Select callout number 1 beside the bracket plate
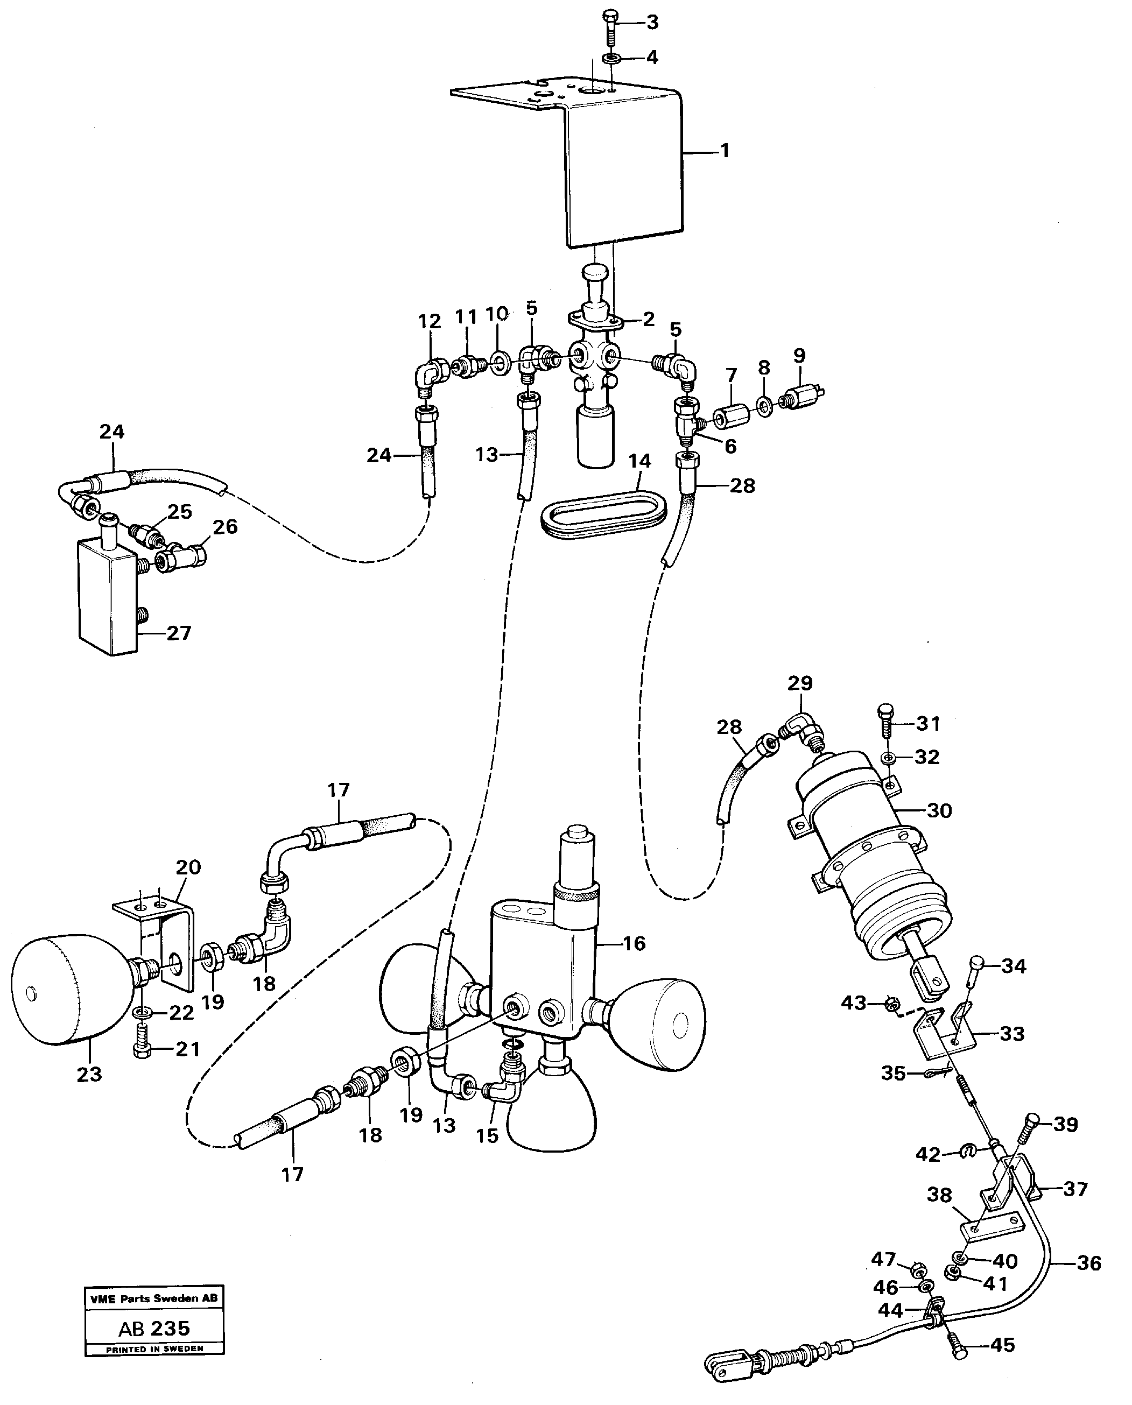click(x=725, y=151)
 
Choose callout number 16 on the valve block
click(x=634, y=943)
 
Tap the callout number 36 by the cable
click(x=1089, y=1263)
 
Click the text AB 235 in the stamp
click(x=154, y=1329)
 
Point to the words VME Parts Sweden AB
click(x=154, y=1298)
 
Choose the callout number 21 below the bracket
click(x=188, y=1049)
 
